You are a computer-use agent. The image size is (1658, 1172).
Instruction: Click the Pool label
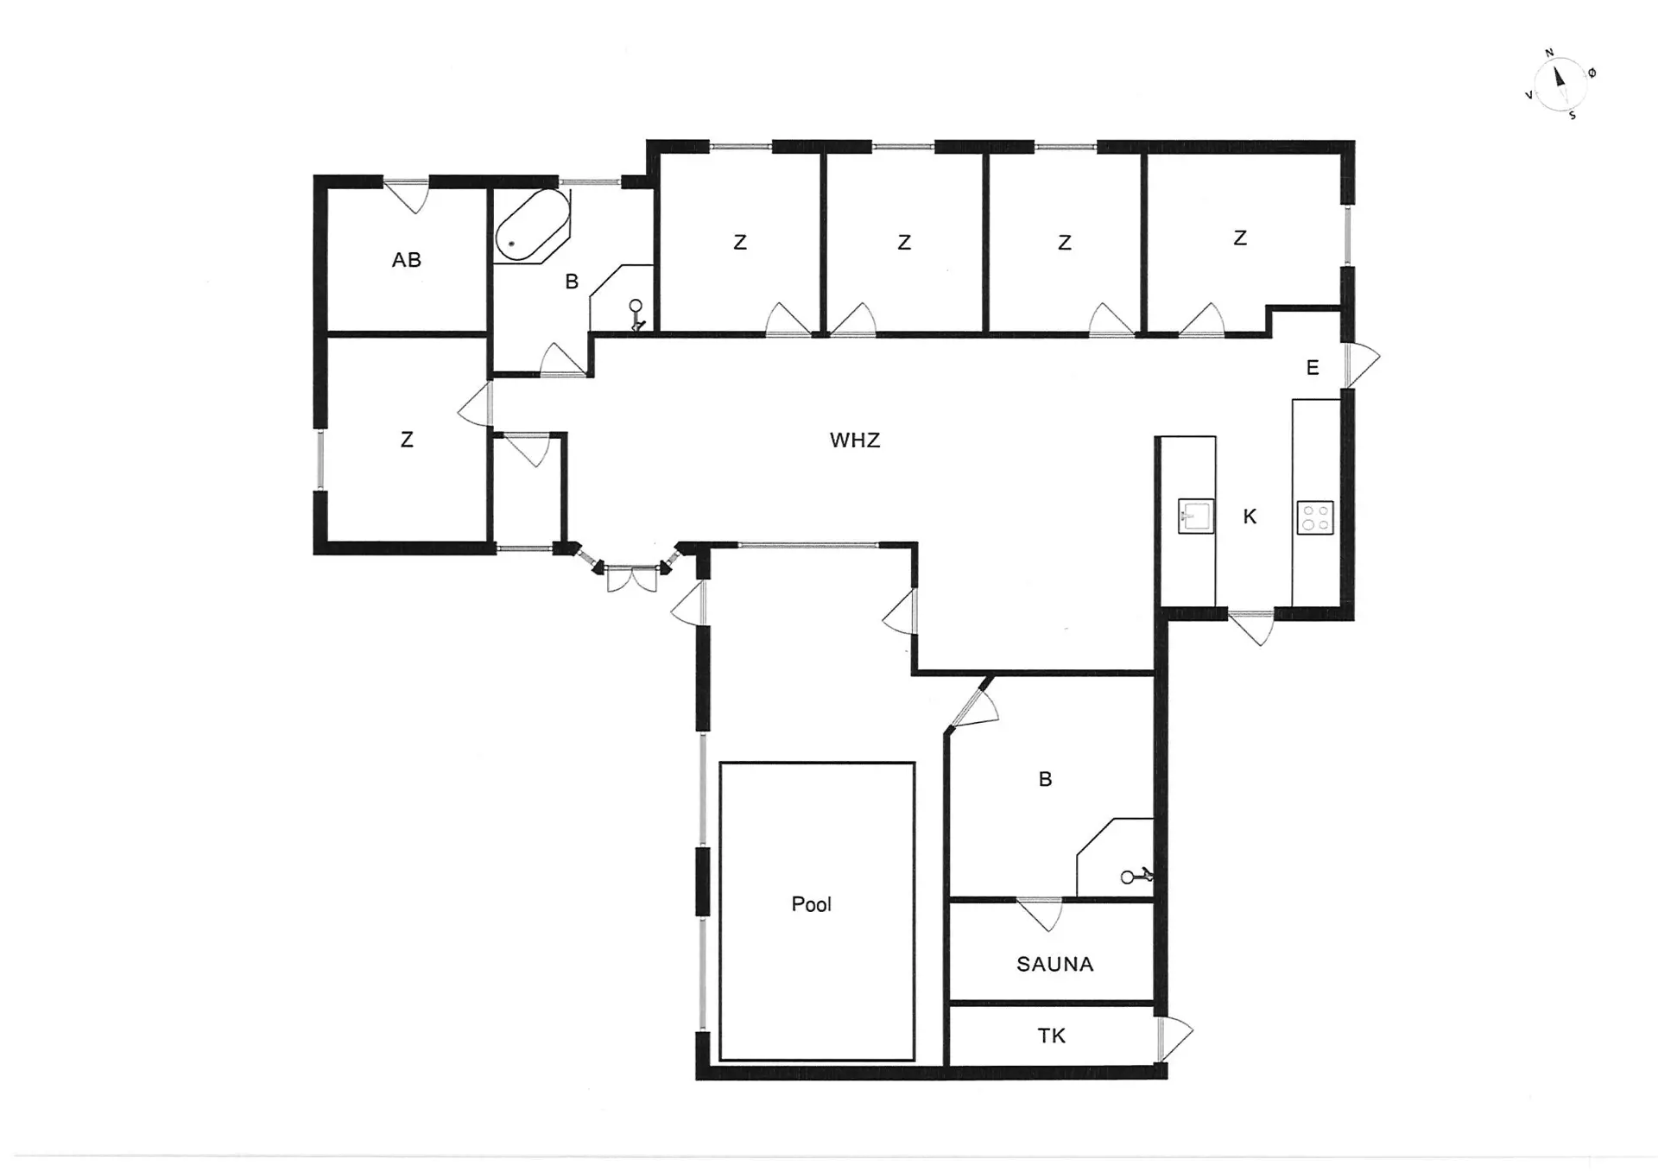pos(811,904)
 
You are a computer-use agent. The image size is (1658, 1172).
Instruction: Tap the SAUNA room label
pos(1054,964)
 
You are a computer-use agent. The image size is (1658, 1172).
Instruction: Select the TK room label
pos(1051,1036)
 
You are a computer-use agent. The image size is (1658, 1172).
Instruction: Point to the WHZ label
pos(855,440)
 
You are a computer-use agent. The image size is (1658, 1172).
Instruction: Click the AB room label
pos(407,260)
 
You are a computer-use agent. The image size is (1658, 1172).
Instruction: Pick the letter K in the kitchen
pos(1250,516)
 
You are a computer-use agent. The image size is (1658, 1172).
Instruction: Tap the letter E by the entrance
pos(1313,368)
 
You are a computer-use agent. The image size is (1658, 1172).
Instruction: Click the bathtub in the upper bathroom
pos(532,225)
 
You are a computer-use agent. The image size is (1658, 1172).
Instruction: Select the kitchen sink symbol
pos(1196,516)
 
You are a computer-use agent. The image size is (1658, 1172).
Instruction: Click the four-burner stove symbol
pos(1315,517)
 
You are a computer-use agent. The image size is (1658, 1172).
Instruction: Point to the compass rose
pos(1560,84)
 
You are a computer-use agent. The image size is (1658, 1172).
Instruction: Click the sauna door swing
pos(1040,915)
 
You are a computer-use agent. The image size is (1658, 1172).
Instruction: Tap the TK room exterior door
pos(1175,1040)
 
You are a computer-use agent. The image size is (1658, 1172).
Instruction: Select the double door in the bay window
pos(631,579)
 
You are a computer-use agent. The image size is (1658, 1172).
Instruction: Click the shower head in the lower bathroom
pos(1136,877)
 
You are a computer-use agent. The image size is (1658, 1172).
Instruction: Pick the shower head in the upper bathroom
pos(636,315)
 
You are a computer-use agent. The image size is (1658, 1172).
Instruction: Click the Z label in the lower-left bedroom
pos(407,440)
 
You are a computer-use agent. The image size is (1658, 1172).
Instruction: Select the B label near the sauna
pos(1045,780)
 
